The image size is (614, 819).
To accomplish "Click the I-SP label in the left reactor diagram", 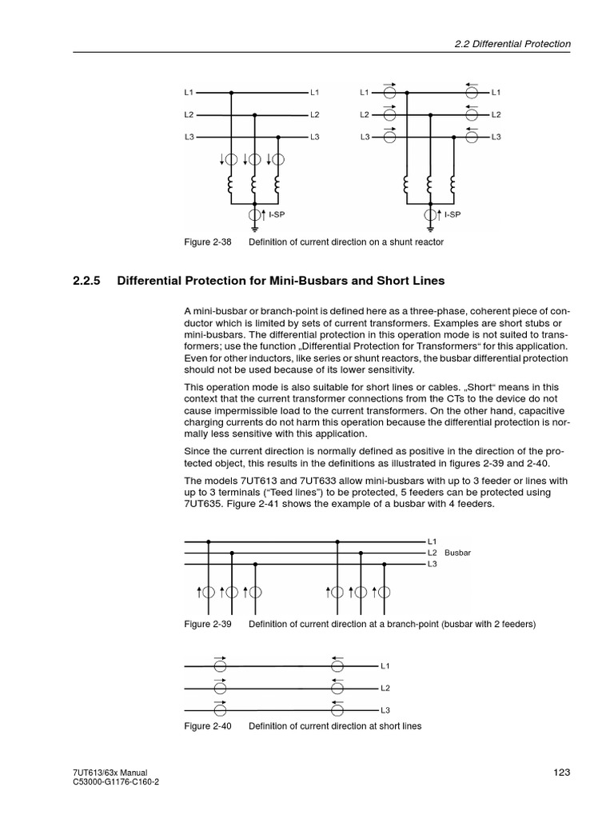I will [277, 214].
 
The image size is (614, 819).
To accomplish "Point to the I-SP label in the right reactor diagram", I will [453, 214].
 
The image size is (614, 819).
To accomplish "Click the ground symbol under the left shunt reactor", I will [254, 227].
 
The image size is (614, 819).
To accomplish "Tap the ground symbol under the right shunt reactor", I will [430, 227].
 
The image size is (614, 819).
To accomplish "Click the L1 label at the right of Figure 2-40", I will [385, 665].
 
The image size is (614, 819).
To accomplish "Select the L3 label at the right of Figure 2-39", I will [432, 564].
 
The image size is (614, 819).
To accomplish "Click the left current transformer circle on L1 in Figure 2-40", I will [220, 665].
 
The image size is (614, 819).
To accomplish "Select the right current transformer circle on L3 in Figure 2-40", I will [338, 709].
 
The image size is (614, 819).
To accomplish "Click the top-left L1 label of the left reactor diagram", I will [189, 92].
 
